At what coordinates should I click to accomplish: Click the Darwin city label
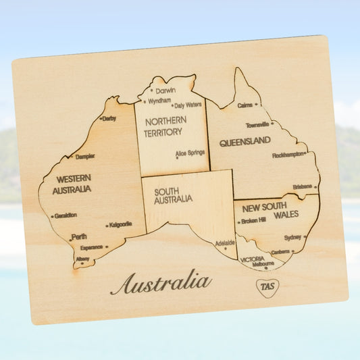click(165, 91)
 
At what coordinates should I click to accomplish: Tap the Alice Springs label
click(190, 153)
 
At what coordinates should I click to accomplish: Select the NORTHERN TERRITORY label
click(163, 127)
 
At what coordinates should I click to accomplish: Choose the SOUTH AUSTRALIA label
click(173, 195)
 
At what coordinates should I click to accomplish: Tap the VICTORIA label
click(252, 259)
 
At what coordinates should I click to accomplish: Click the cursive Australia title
click(161, 282)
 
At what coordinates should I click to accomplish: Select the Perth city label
click(78, 236)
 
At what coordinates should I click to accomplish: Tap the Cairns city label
click(245, 105)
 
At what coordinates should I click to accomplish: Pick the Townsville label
click(257, 125)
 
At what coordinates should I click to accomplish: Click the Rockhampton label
click(288, 155)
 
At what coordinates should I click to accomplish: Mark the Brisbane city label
click(303, 186)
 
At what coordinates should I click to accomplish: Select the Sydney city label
click(292, 238)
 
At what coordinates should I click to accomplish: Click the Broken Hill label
click(253, 221)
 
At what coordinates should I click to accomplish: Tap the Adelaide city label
click(225, 242)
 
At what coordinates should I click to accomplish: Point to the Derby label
click(109, 119)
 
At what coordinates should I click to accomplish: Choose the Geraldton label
click(66, 215)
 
